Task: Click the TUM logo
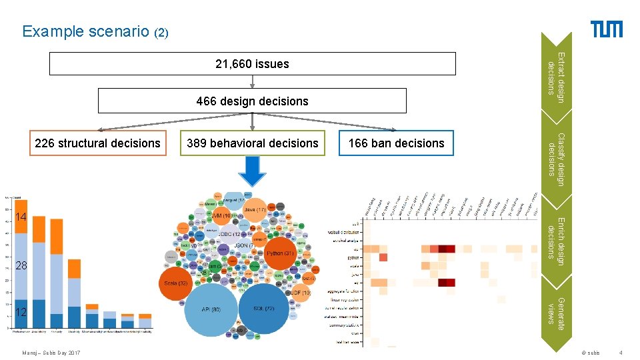(607, 29)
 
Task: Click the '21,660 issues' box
(252, 64)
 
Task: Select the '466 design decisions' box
(252, 101)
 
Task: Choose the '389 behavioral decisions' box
(253, 143)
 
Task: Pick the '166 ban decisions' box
(396, 143)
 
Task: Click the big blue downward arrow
(252, 172)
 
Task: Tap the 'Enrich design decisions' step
(555, 237)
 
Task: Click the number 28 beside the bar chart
(21, 266)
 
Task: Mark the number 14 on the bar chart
(21, 217)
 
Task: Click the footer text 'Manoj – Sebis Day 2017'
(51, 353)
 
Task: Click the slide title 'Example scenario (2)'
(93, 31)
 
